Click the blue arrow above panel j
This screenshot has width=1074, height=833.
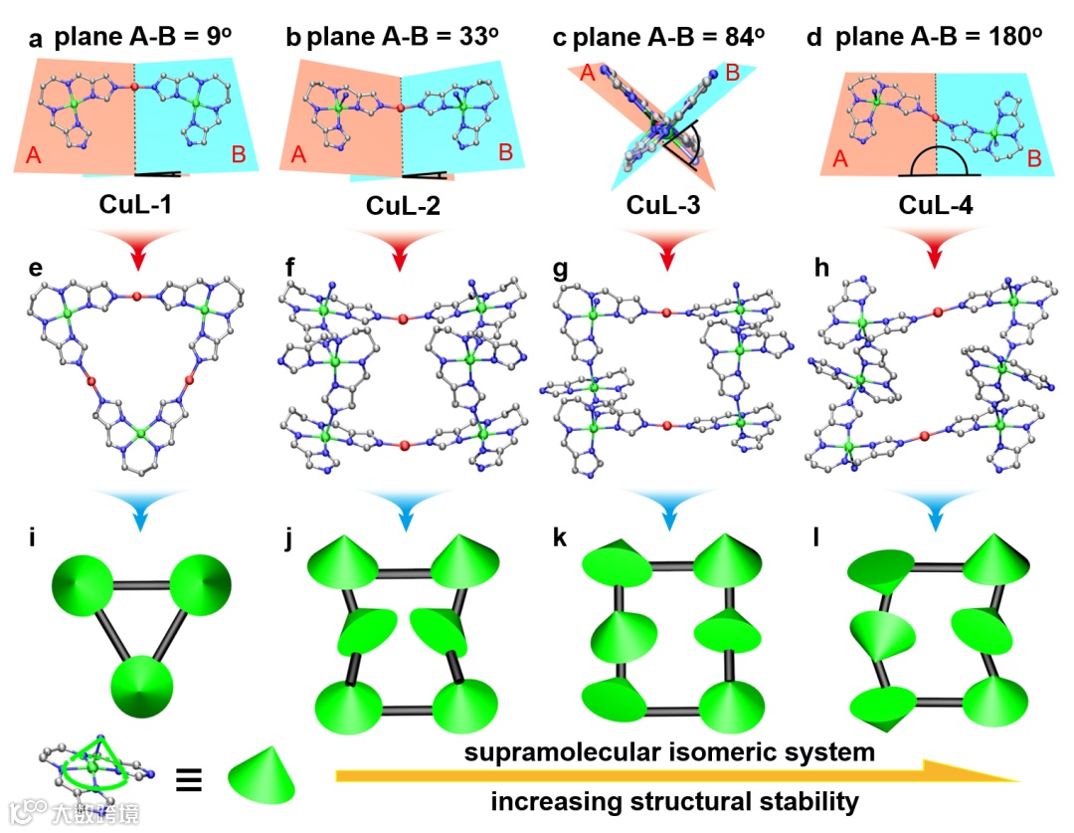point(403,506)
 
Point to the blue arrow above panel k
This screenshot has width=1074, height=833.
point(668,506)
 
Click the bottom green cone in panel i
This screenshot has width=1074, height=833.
point(142,686)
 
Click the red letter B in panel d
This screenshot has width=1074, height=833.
point(1033,160)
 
